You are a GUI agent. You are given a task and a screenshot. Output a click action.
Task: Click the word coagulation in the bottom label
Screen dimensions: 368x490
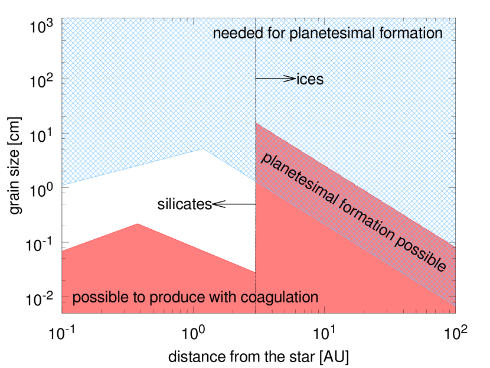click(280, 298)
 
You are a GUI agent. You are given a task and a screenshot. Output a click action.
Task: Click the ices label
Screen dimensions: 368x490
click(311, 80)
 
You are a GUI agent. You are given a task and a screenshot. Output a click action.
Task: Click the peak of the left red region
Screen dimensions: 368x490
click(138, 224)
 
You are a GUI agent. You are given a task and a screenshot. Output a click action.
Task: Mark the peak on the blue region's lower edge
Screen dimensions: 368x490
click(203, 149)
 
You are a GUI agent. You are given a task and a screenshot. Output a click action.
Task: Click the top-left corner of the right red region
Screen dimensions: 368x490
click(256, 124)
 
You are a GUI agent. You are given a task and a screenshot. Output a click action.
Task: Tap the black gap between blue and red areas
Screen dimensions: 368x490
click(177, 195)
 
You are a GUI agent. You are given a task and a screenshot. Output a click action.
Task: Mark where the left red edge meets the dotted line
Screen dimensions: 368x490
click(255, 272)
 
